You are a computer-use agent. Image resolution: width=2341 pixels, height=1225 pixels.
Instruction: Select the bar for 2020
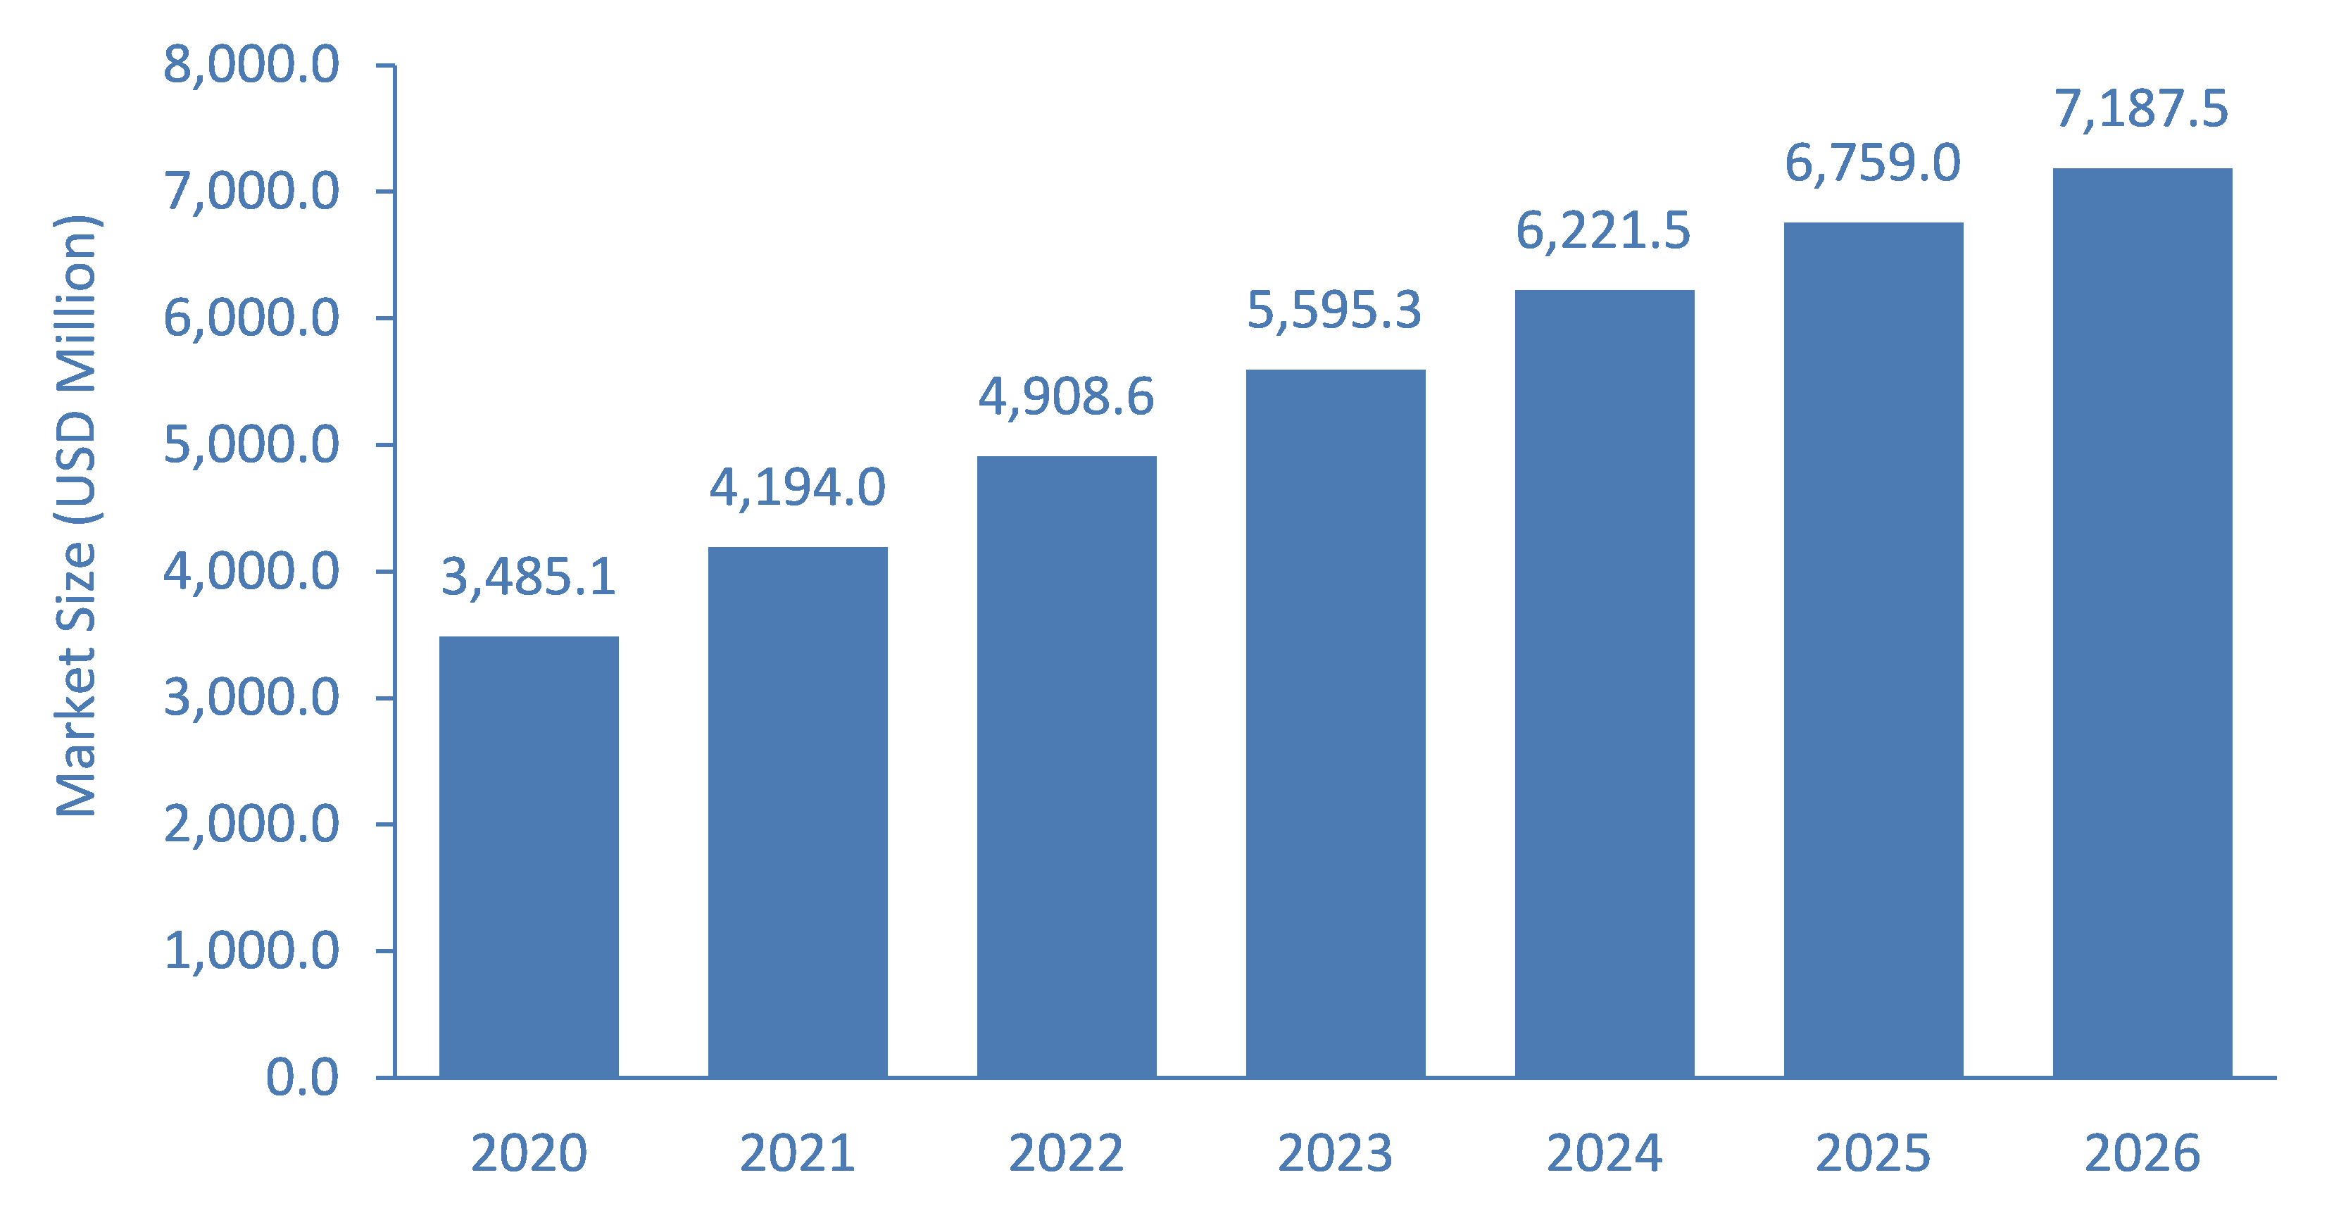(529, 857)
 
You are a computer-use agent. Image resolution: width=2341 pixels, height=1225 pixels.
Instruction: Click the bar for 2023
(1336, 723)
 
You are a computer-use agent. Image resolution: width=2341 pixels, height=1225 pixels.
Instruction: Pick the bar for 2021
(798, 812)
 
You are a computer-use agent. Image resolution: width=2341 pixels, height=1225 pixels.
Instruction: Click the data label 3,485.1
(529, 578)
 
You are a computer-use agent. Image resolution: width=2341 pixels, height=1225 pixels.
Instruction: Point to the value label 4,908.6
(1066, 398)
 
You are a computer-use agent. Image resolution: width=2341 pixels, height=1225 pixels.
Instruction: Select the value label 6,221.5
(1604, 231)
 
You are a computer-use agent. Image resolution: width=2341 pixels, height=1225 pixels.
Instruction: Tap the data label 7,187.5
(2142, 110)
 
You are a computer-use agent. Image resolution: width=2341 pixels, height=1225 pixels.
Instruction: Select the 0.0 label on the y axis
(303, 1078)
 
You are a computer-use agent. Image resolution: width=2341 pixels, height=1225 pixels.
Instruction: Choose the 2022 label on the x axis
(1067, 1154)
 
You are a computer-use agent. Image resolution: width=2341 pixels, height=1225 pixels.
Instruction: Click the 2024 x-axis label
(1605, 1154)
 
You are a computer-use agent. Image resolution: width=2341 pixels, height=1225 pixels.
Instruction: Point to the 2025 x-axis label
(1873, 1154)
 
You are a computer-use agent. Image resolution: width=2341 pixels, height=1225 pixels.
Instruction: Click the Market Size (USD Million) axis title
(77, 516)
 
